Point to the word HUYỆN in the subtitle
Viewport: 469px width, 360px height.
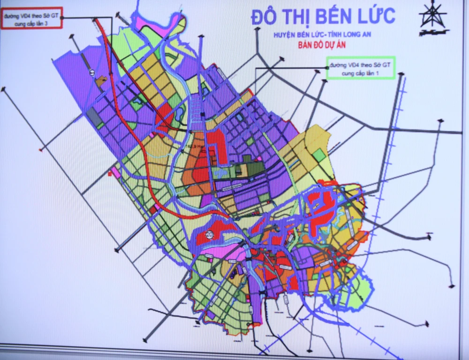[285, 36]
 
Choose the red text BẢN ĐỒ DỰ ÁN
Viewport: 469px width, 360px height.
[321, 46]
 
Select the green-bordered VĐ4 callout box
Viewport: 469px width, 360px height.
[361, 68]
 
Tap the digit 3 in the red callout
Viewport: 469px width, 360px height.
[46, 23]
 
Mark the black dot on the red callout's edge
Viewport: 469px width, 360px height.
[62, 18]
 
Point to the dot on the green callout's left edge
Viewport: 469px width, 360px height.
[327, 68]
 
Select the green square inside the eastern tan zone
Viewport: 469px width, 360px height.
[319, 155]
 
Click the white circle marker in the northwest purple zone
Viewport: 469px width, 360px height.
[92, 74]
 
